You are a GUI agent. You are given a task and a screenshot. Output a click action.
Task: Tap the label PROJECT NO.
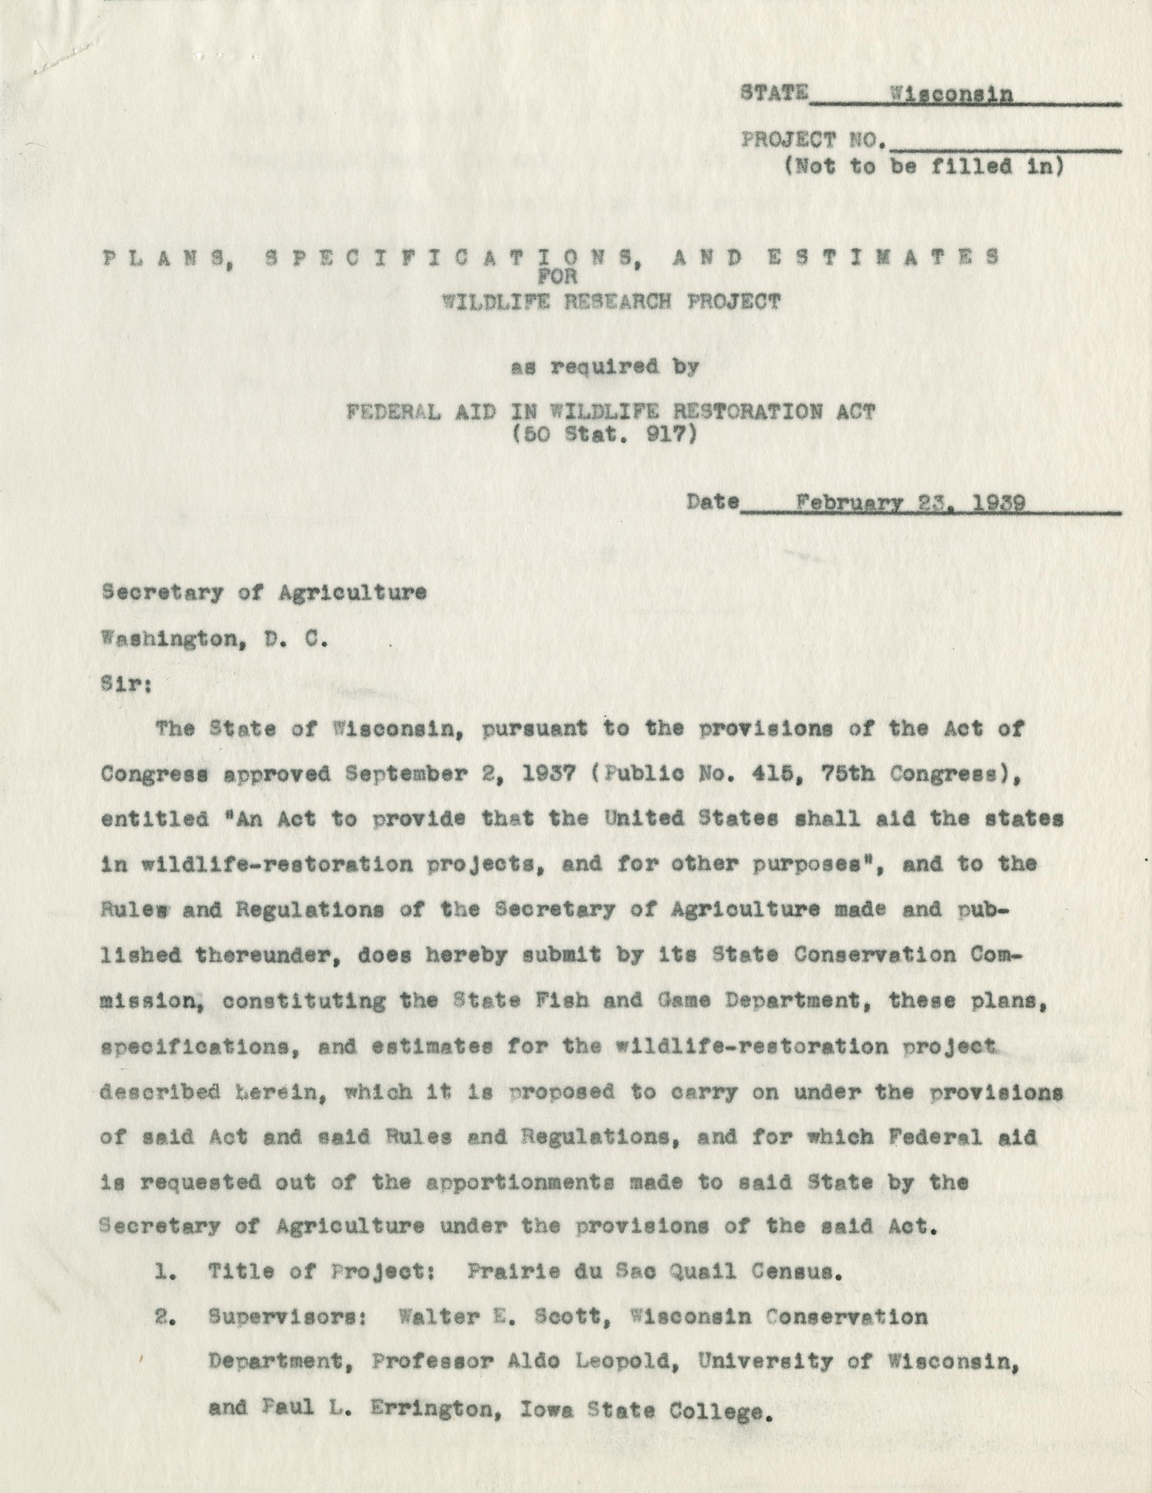(814, 141)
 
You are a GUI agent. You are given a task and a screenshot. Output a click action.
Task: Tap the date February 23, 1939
(910, 504)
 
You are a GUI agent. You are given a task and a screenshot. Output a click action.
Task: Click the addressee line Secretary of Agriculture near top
(265, 593)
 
